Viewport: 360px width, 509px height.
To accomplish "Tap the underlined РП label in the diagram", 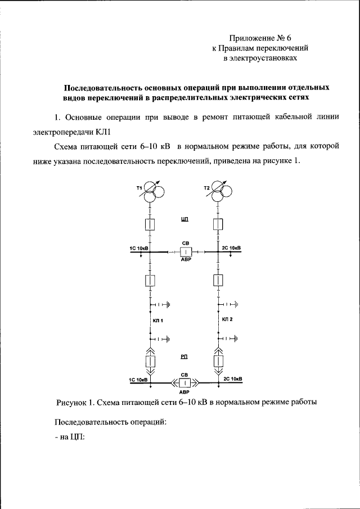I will [184, 357].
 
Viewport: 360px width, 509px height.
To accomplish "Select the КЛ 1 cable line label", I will [157, 321].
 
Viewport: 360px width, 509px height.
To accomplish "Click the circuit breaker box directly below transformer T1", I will [150, 225].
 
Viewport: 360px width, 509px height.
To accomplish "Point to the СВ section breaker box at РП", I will [184, 383].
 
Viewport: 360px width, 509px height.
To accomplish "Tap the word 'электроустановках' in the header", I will [260, 58].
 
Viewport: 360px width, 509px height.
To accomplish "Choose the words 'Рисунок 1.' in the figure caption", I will [75, 402].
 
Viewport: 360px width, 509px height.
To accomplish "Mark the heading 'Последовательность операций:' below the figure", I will [110, 422].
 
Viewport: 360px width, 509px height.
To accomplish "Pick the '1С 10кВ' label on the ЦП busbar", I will [139, 247].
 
